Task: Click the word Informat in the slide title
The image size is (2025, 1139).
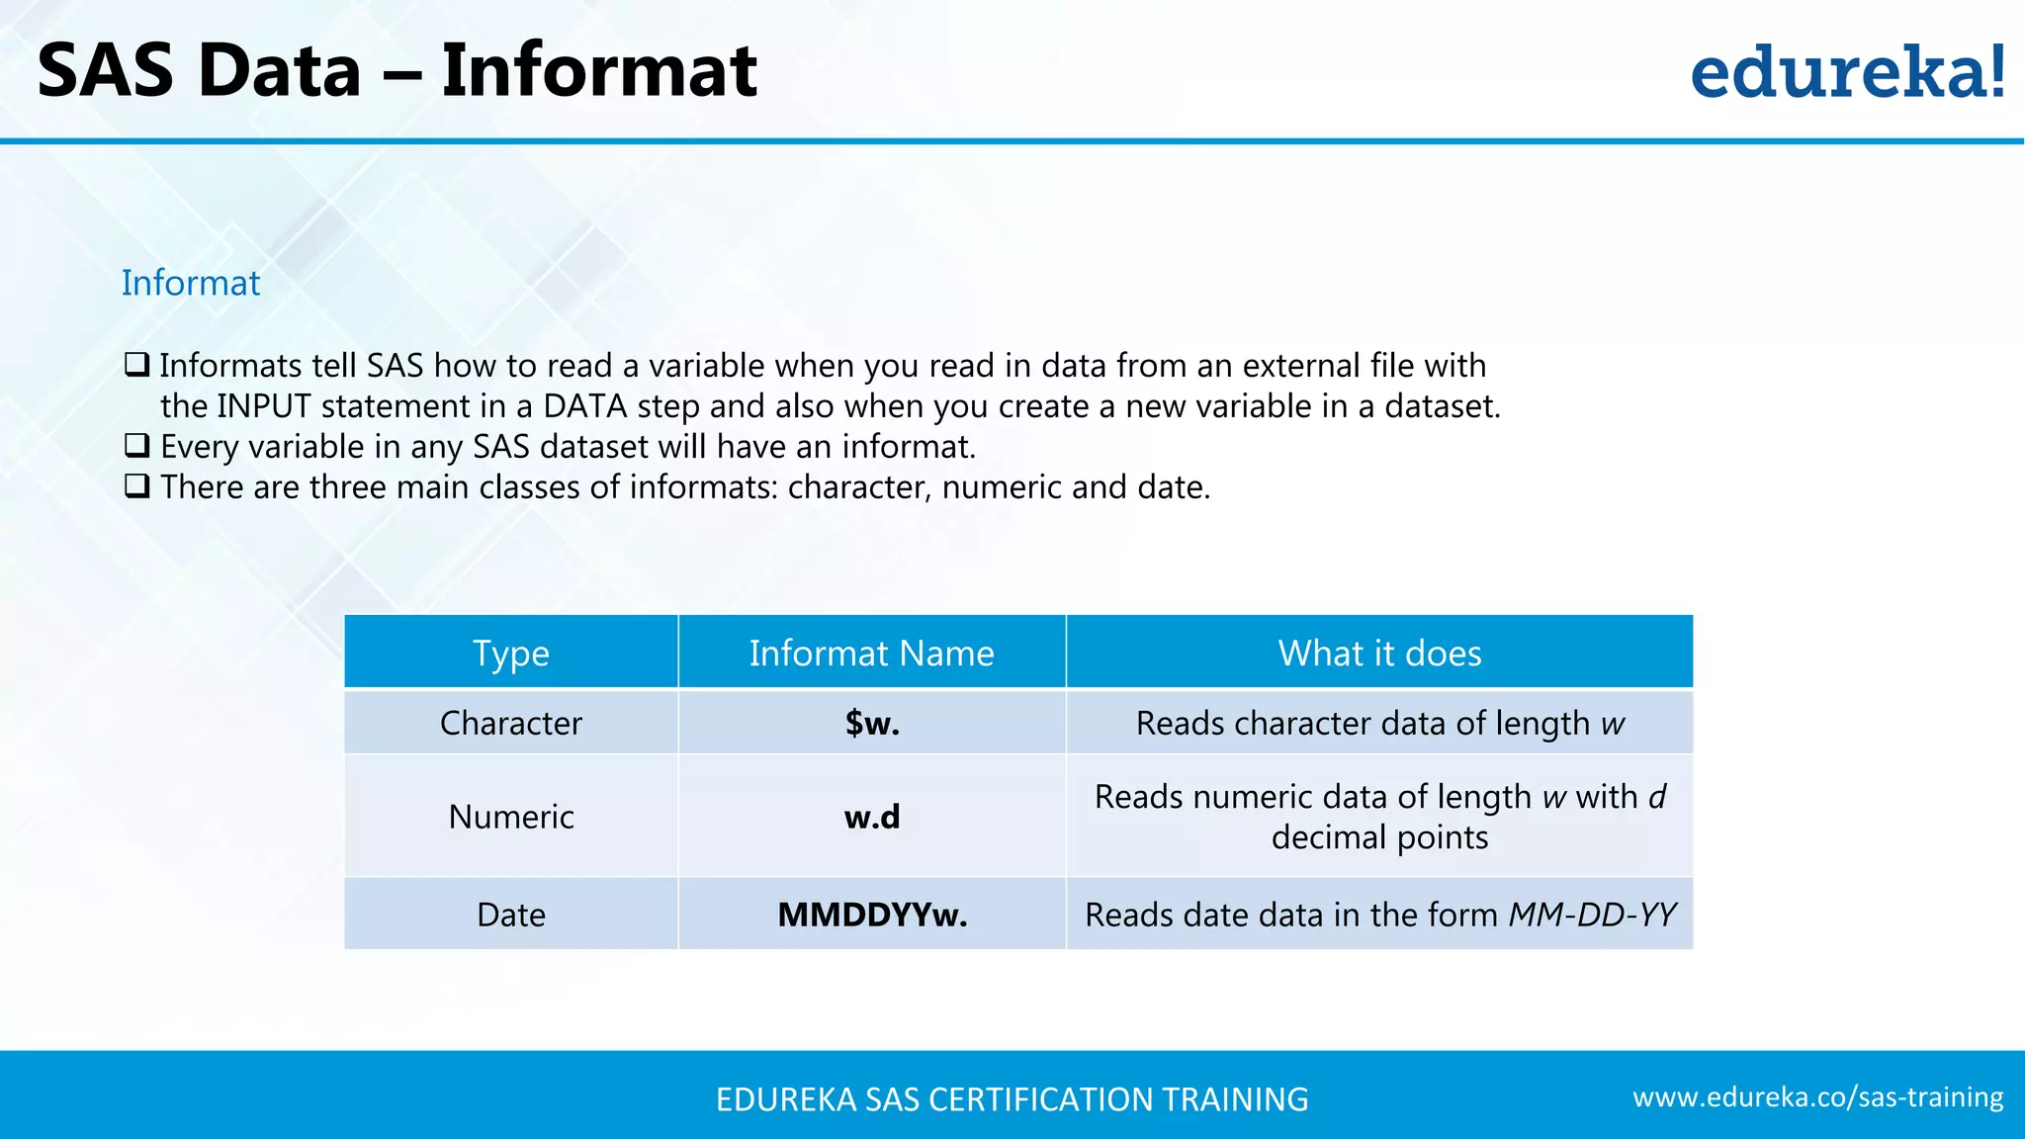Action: click(x=598, y=71)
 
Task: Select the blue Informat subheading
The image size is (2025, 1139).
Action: click(x=191, y=283)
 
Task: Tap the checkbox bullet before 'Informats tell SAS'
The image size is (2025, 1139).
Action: click(x=137, y=365)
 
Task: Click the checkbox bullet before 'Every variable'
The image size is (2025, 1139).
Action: click(x=137, y=446)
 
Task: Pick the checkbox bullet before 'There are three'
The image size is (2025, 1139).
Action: click(x=137, y=486)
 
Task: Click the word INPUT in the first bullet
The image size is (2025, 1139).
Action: click(x=264, y=406)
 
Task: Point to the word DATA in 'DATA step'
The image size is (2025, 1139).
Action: click(x=585, y=406)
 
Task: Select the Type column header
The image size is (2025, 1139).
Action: click(x=510, y=653)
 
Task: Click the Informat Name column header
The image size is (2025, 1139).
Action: click(x=871, y=653)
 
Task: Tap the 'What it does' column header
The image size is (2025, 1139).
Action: click(x=1379, y=653)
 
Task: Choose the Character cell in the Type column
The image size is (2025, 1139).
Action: click(x=510, y=723)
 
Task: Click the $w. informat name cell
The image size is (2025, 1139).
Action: click(x=871, y=723)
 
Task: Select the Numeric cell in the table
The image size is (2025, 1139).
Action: click(x=510, y=817)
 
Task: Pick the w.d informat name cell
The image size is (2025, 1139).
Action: click(x=871, y=817)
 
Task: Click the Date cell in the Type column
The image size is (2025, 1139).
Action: click(x=510, y=915)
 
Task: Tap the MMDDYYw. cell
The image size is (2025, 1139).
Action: click(x=871, y=915)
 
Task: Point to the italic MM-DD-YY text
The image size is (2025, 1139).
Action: click(x=1592, y=915)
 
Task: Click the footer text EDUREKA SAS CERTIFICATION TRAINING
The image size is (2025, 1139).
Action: click(x=1012, y=1099)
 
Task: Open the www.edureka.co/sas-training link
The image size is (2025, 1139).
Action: click(x=1817, y=1097)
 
